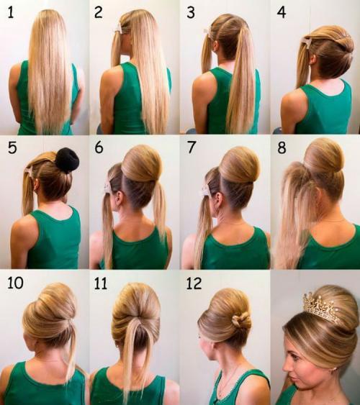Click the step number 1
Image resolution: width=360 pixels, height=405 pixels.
(11, 13)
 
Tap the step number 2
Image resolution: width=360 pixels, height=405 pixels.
(98, 13)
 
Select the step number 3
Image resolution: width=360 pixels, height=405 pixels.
(191, 13)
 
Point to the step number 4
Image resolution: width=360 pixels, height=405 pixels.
(282, 13)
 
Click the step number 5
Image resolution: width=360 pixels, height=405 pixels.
(12, 148)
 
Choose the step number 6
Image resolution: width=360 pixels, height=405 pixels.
(99, 148)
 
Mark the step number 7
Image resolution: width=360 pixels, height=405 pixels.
(191, 147)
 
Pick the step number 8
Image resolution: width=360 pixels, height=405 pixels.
(282, 148)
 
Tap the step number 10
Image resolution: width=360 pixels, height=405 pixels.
(16, 283)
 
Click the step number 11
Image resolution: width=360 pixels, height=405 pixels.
(100, 283)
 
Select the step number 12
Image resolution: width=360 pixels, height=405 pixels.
(194, 283)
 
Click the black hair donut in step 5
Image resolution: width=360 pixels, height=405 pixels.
(67, 160)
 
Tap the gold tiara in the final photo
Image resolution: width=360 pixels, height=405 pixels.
(321, 308)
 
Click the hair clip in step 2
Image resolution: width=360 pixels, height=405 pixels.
(119, 28)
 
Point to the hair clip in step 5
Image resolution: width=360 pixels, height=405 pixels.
(30, 171)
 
